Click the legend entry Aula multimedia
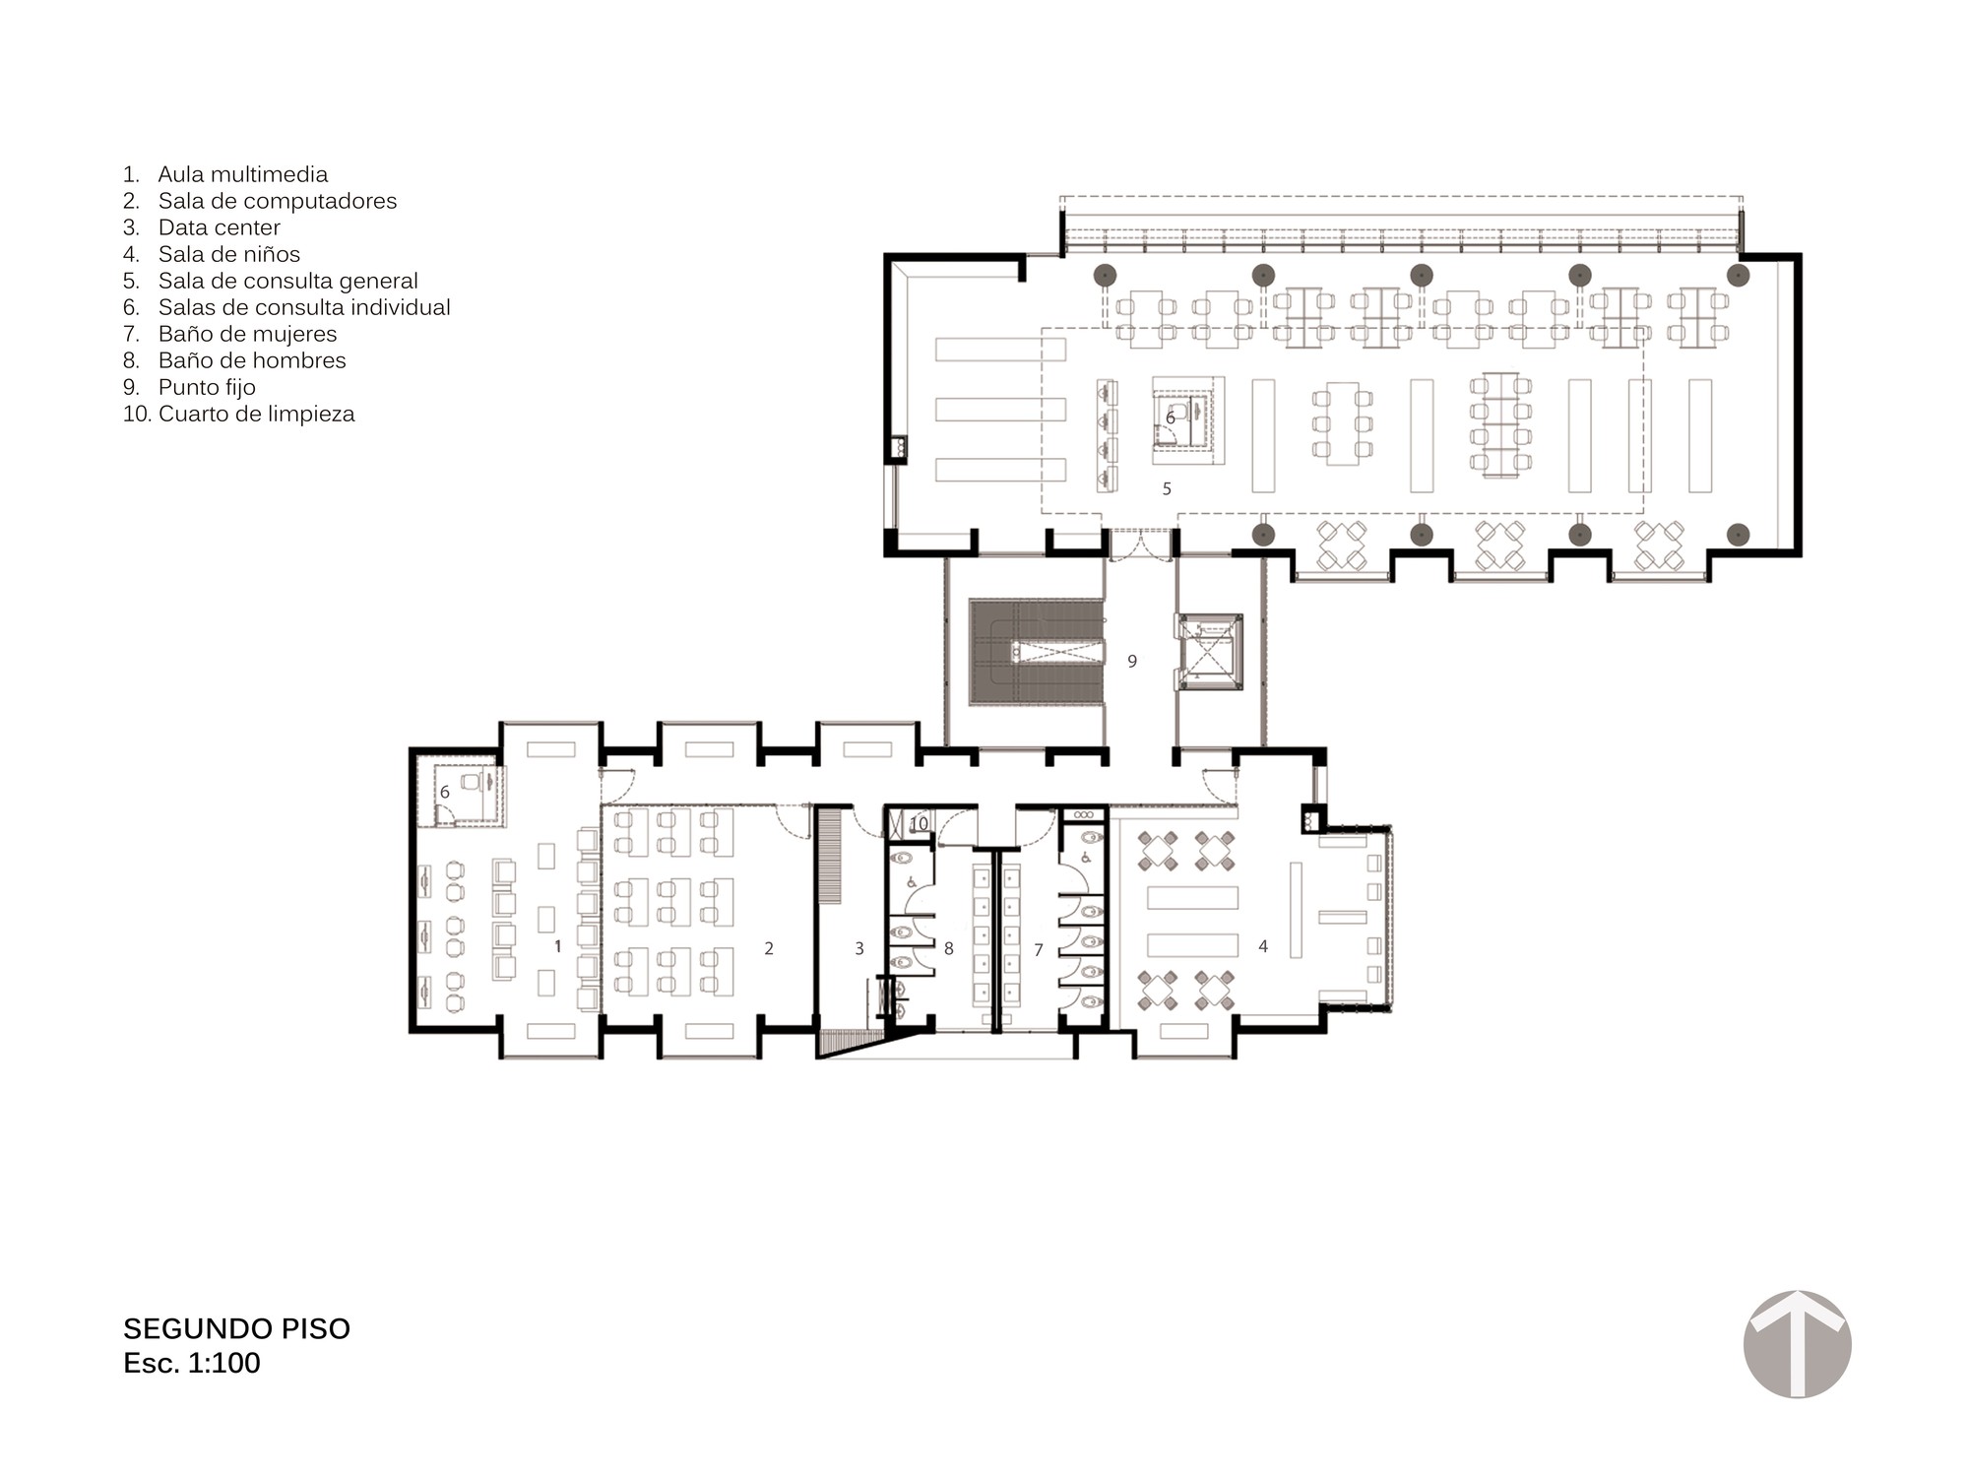point(242,174)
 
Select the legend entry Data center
point(219,227)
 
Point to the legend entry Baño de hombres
point(252,360)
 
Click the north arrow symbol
point(1797,1344)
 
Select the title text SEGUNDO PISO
point(236,1329)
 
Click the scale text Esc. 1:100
point(192,1364)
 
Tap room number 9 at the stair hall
point(1132,662)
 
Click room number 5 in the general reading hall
point(1167,488)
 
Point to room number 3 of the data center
point(859,948)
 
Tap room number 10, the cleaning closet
point(919,823)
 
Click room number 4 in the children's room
point(1263,946)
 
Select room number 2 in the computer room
point(769,948)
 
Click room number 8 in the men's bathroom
point(949,948)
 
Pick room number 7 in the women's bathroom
point(1038,950)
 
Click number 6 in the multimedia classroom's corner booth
point(445,792)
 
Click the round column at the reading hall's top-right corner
point(1739,275)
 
